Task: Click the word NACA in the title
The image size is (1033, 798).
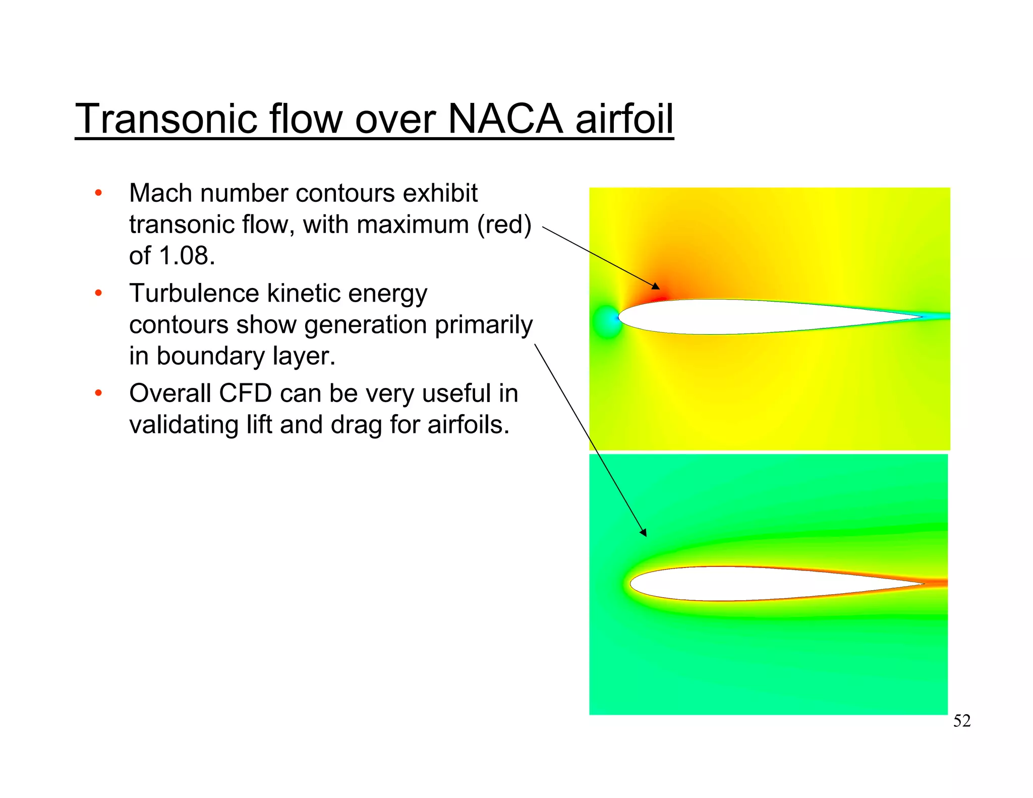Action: [504, 119]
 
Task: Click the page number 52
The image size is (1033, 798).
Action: [961, 721]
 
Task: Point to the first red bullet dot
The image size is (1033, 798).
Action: [99, 193]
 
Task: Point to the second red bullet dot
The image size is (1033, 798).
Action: [99, 293]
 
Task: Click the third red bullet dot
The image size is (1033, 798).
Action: [99, 393]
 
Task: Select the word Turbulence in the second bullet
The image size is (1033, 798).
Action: [194, 293]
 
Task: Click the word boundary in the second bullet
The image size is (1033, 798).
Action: [211, 356]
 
